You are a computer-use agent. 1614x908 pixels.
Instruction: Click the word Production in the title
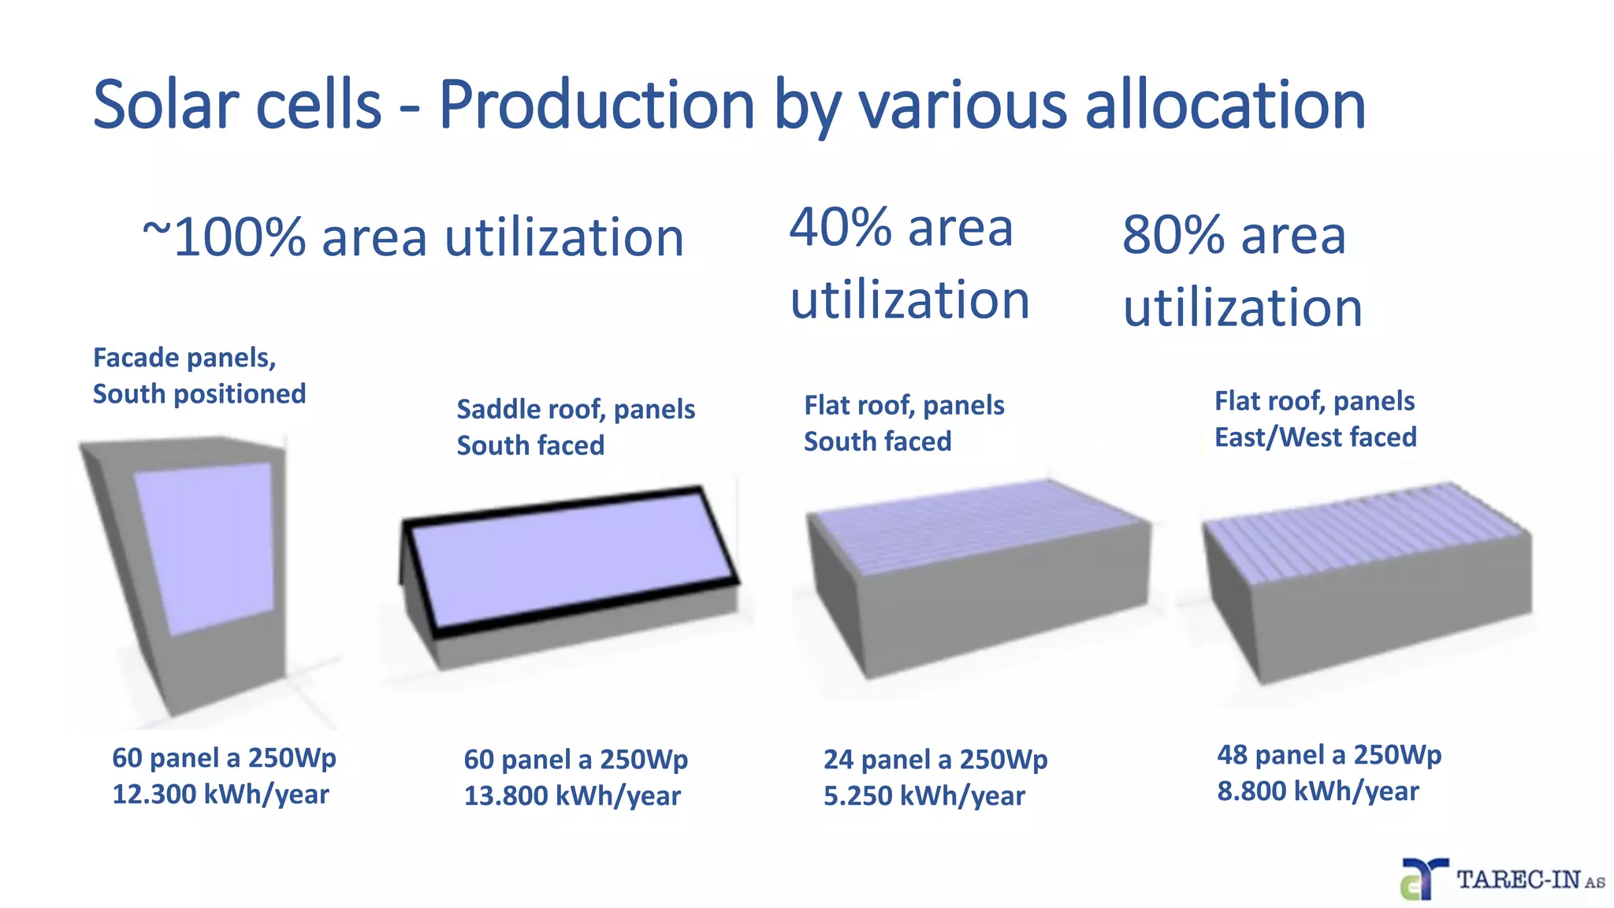click(597, 105)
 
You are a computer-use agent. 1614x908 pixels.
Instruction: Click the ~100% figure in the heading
click(225, 236)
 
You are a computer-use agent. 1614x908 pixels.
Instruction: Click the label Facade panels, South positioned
click(199, 376)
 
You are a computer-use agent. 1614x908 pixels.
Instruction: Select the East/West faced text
click(1315, 437)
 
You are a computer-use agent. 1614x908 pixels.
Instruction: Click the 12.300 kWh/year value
click(220, 794)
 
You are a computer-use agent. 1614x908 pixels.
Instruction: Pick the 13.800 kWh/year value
click(571, 796)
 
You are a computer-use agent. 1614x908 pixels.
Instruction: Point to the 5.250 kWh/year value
click(924, 796)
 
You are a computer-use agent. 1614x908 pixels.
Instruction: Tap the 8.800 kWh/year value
click(1318, 791)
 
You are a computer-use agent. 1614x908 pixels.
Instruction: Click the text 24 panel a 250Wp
click(935, 760)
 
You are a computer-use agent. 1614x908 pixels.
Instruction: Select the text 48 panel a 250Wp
click(1329, 755)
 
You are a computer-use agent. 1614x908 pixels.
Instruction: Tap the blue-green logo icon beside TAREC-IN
click(1423, 880)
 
